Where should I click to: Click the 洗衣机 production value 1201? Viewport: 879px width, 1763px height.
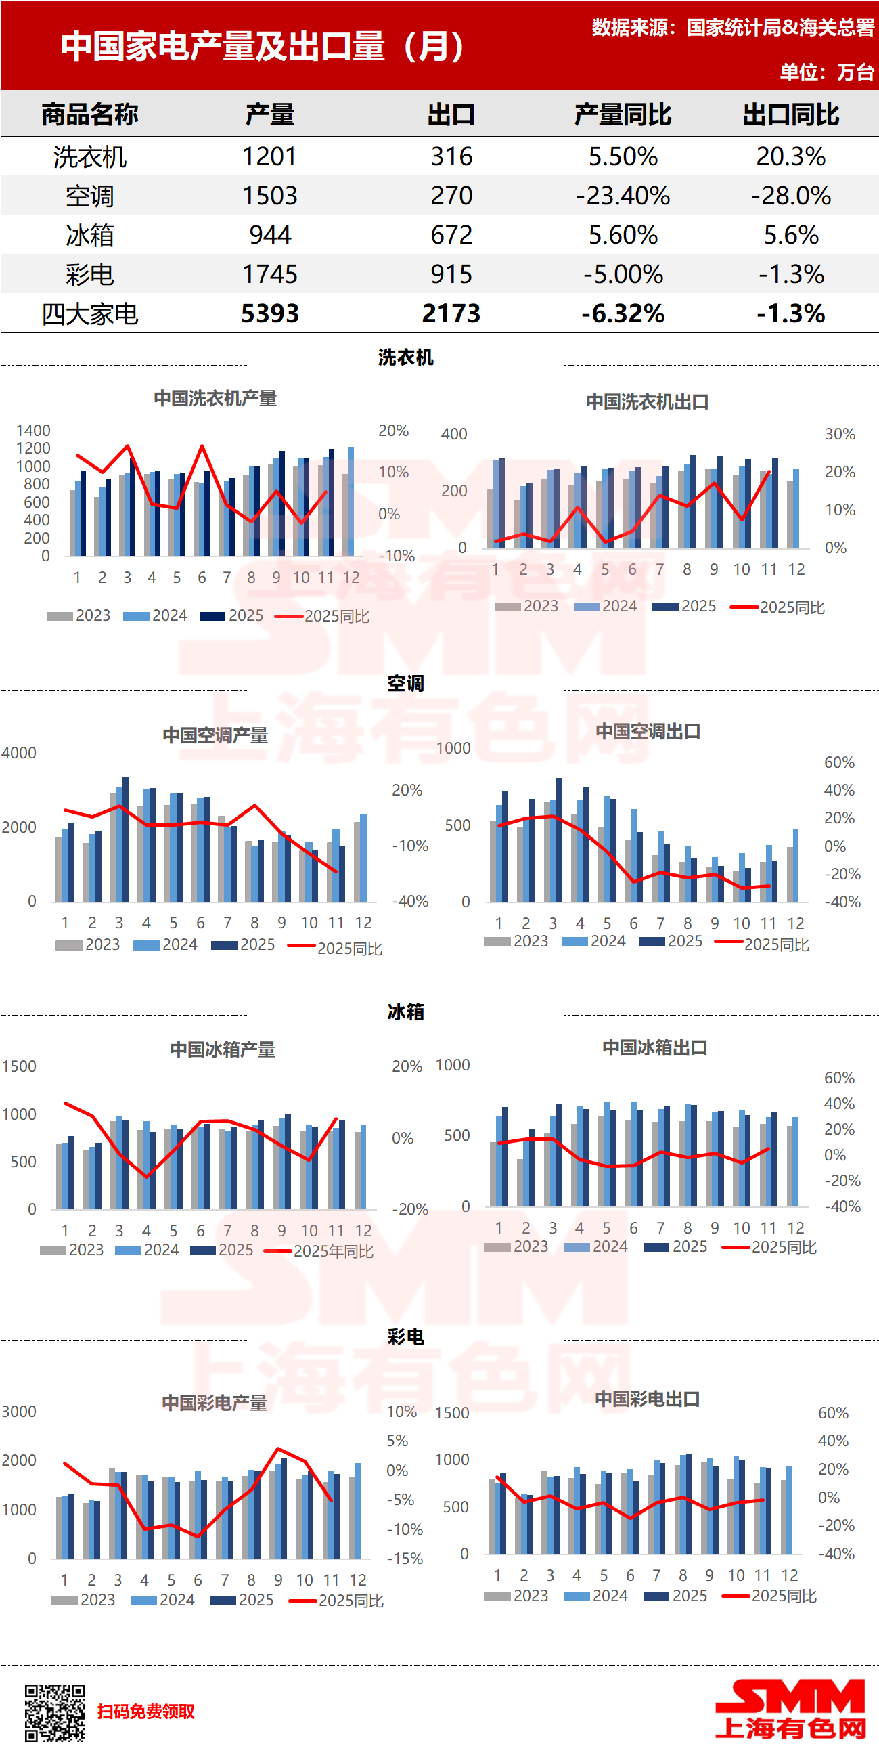pos(269,156)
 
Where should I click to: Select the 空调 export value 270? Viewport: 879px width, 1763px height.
pos(451,196)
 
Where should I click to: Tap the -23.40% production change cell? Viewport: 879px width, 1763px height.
pos(623,196)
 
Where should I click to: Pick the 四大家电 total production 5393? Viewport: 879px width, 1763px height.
pos(269,313)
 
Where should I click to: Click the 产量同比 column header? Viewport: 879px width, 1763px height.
pos(623,114)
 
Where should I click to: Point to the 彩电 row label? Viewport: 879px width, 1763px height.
pos(89,274)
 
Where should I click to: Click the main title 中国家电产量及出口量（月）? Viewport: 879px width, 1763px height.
pos(263,46)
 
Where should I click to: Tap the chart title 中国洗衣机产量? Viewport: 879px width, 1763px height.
pos(215,398)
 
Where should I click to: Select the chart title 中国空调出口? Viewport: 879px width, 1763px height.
pos(648,731)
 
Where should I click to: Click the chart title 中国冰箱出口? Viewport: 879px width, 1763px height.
pos(654,1047)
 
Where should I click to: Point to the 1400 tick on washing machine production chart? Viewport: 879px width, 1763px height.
pos(33,431)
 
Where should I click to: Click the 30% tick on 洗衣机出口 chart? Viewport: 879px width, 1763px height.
pos(839,434)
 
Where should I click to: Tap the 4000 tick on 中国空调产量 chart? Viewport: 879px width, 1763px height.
pos(18,753)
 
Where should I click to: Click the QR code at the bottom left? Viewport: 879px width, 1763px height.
pos(55,1713)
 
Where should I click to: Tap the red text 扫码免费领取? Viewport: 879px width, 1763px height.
pos(145,1711)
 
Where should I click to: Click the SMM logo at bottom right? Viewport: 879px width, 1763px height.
pos(790,1709)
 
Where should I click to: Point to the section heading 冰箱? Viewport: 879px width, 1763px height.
pos(405,1011)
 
